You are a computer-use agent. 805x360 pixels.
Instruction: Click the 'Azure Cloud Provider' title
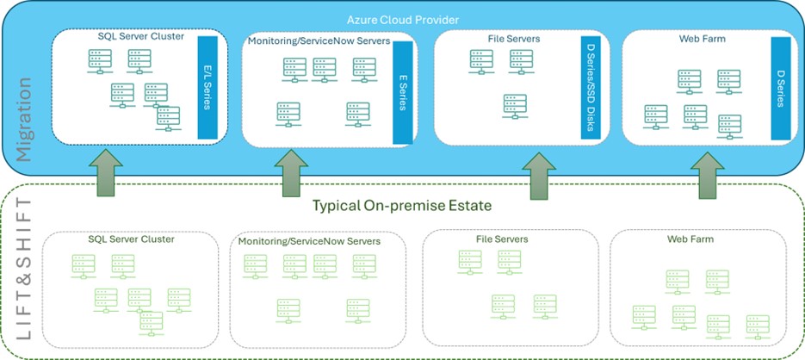(x=403, y=20)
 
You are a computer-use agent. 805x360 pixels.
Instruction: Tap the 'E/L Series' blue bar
(x=207, y=87)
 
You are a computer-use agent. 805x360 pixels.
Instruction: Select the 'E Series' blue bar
(x=403, y=92)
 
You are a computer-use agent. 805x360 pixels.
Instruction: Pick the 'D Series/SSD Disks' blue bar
(x=591, y=87)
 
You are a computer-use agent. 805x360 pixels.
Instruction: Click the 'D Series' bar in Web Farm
(x=780, y=89)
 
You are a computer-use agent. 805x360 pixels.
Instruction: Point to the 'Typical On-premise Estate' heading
(x=403, y=206)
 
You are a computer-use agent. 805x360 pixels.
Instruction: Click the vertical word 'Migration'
(x=23, y=119)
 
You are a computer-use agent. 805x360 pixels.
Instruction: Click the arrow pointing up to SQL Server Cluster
(x=106, y=172)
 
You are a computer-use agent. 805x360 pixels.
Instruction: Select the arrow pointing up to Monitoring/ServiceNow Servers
(x=291, y=173)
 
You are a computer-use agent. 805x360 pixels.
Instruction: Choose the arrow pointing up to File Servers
(x=539, y=176)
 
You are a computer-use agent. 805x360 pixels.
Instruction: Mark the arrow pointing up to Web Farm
(x=708, y=176)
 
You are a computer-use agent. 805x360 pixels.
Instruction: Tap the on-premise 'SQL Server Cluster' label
(x=132, y=239)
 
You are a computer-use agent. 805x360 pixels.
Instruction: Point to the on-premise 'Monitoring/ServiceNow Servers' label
(x=310, y=240)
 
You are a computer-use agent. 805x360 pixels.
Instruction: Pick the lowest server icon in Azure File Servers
(x=515, y=107)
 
